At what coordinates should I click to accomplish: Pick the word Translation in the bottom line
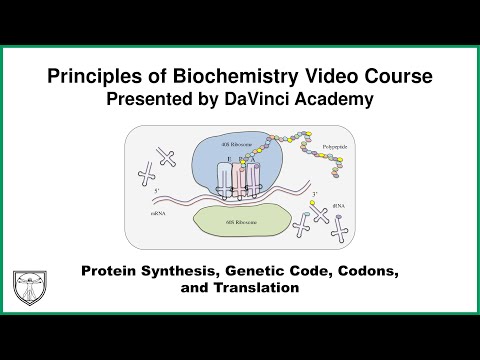(256, 288)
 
